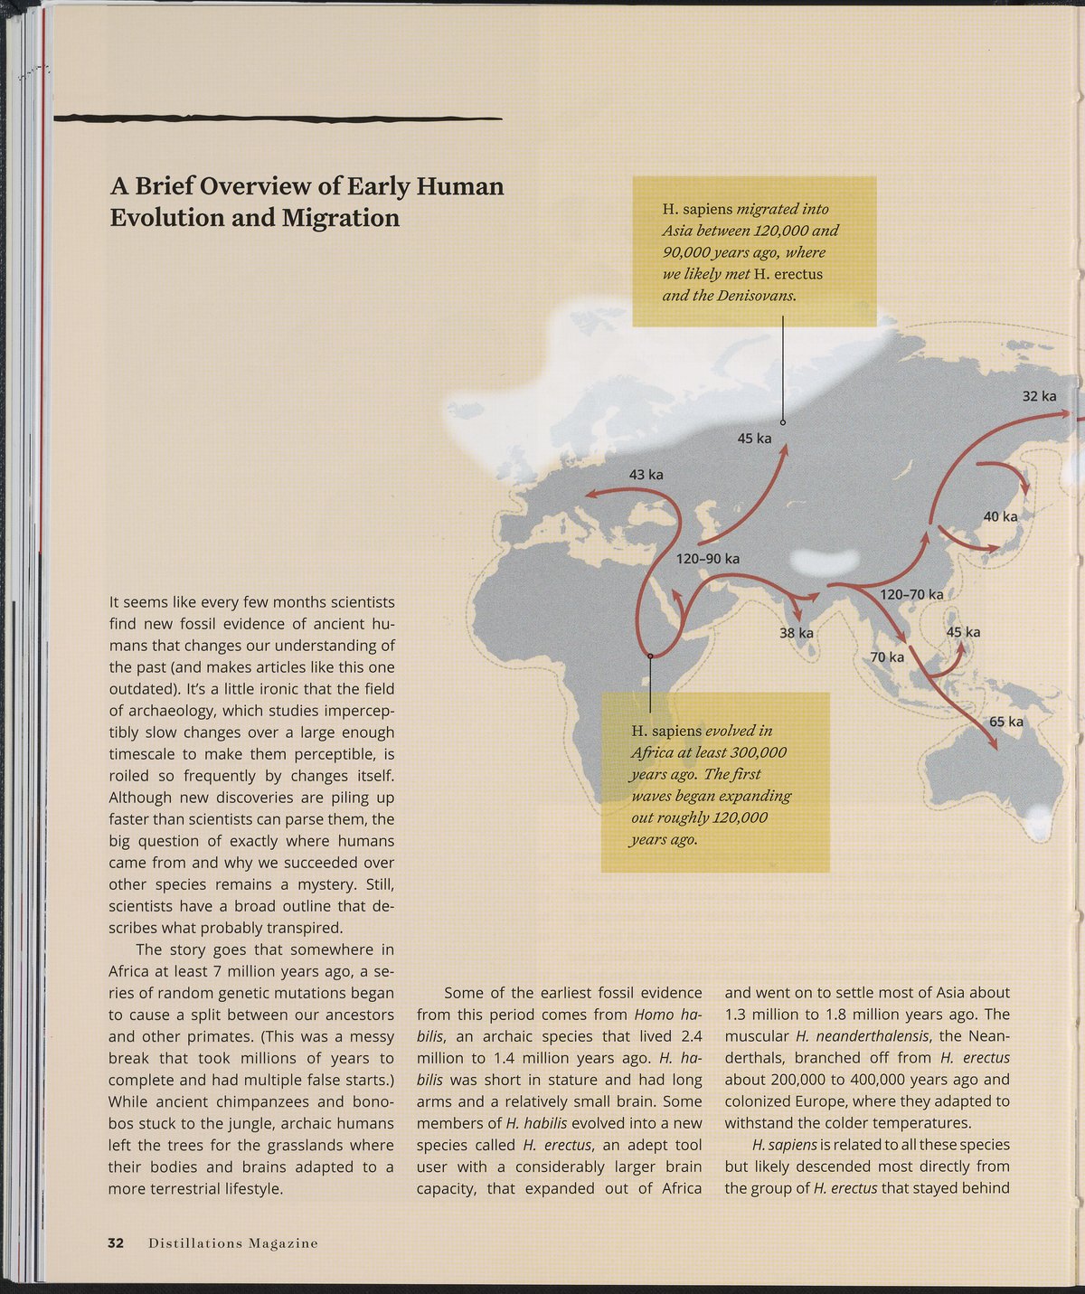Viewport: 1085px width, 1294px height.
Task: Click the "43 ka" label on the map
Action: coord(646,475)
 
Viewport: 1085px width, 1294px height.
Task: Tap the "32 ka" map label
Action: coord(1039,396)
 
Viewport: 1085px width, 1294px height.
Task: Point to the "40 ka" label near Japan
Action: coord(1000,516)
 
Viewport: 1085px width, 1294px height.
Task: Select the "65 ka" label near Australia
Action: coord(1005,722)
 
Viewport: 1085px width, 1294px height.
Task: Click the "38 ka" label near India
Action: coord(796,633)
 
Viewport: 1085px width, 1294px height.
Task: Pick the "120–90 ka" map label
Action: coord(708,559)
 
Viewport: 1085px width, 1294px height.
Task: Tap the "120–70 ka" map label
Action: coord(911,594)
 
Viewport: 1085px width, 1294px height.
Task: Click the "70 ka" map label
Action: coord(887,656)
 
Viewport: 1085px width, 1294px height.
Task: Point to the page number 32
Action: coord(116,1242)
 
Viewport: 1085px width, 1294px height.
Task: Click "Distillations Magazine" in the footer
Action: coord(233,1243)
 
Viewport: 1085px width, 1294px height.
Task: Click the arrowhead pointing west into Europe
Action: coord(589,494)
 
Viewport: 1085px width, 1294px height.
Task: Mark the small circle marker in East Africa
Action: coord(650,656)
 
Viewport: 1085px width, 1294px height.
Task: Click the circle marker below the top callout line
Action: coord(783,422)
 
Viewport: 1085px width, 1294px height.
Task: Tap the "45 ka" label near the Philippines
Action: coord(963,632)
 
